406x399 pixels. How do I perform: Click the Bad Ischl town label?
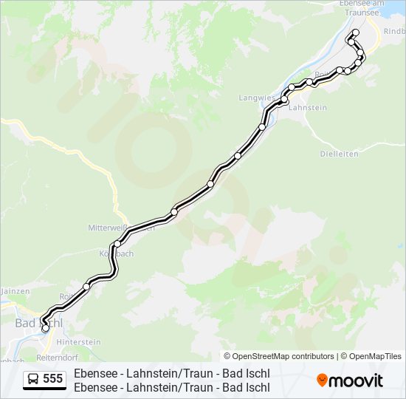coord(38,323)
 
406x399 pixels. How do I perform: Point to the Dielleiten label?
coord(339,154)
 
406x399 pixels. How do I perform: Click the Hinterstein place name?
coord(78,342)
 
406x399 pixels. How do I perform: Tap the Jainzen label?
coord(15,291)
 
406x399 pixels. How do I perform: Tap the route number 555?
coord(53,379)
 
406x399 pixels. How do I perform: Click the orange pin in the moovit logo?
coord(322,380)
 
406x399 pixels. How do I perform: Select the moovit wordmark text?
coord(356,381)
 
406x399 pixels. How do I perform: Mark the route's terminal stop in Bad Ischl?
coord(46,328)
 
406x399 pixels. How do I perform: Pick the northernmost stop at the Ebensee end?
coord(355,33)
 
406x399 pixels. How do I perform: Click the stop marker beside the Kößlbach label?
coord(117,244)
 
